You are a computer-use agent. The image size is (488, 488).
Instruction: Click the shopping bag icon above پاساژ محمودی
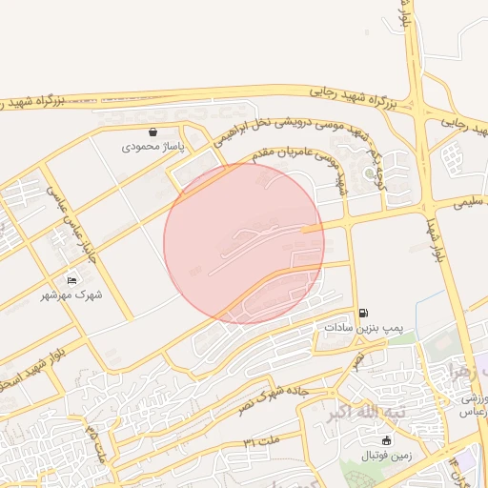point(153,132)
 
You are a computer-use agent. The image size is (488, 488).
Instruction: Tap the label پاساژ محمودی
point(157,149)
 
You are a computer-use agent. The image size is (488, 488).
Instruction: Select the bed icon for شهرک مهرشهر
point(72,280)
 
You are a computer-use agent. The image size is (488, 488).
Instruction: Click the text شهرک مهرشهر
point(76,295)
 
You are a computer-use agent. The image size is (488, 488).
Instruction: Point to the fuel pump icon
point(363,313)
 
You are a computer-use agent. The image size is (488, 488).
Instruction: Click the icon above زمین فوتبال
point(386,440)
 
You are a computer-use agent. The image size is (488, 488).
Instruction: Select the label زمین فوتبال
point(385,456)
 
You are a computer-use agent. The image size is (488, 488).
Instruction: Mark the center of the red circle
point(244,243)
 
